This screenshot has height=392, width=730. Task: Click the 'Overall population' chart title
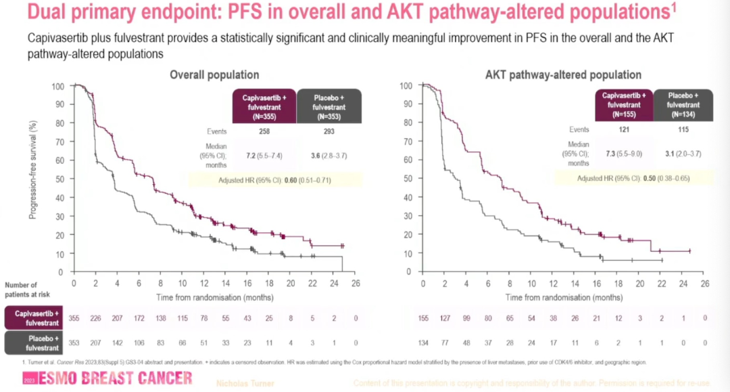[214, 74]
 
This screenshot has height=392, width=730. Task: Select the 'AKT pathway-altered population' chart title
[563, 74]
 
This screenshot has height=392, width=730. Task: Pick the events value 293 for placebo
[329, 131]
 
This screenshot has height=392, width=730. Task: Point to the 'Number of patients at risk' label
[26, 290]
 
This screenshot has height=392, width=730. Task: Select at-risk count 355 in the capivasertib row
[74, 317]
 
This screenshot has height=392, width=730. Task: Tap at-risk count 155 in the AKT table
[424, 317]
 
